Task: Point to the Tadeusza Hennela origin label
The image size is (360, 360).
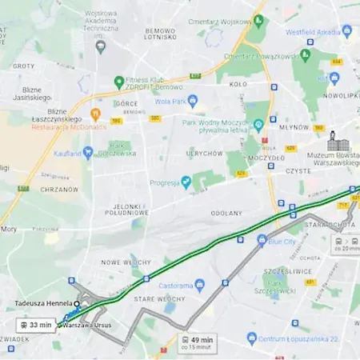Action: pos(43,304)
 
